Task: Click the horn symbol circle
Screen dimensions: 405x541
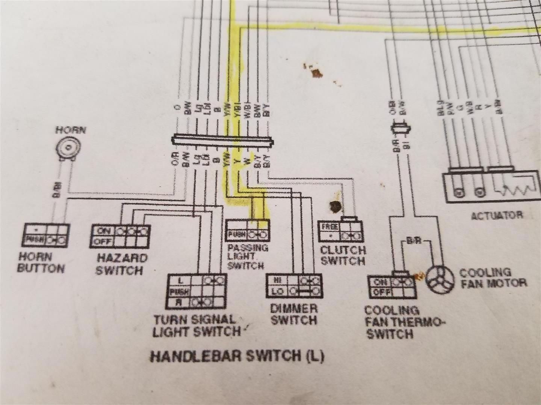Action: pyautogui.click(x=70, y=147)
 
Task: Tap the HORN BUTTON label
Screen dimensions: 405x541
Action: pyautogui.click(x=41, y=262)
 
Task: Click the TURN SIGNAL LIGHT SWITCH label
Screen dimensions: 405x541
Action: pyautogui.click(x=196, y=325)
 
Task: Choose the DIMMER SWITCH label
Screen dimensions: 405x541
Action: pyautogui.click(x=294, y=315)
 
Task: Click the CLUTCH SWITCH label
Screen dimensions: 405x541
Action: pyautogui.click(x=343, y=255)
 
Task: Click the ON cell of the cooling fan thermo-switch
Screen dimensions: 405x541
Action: pyautogui.click(x=381, y=282)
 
